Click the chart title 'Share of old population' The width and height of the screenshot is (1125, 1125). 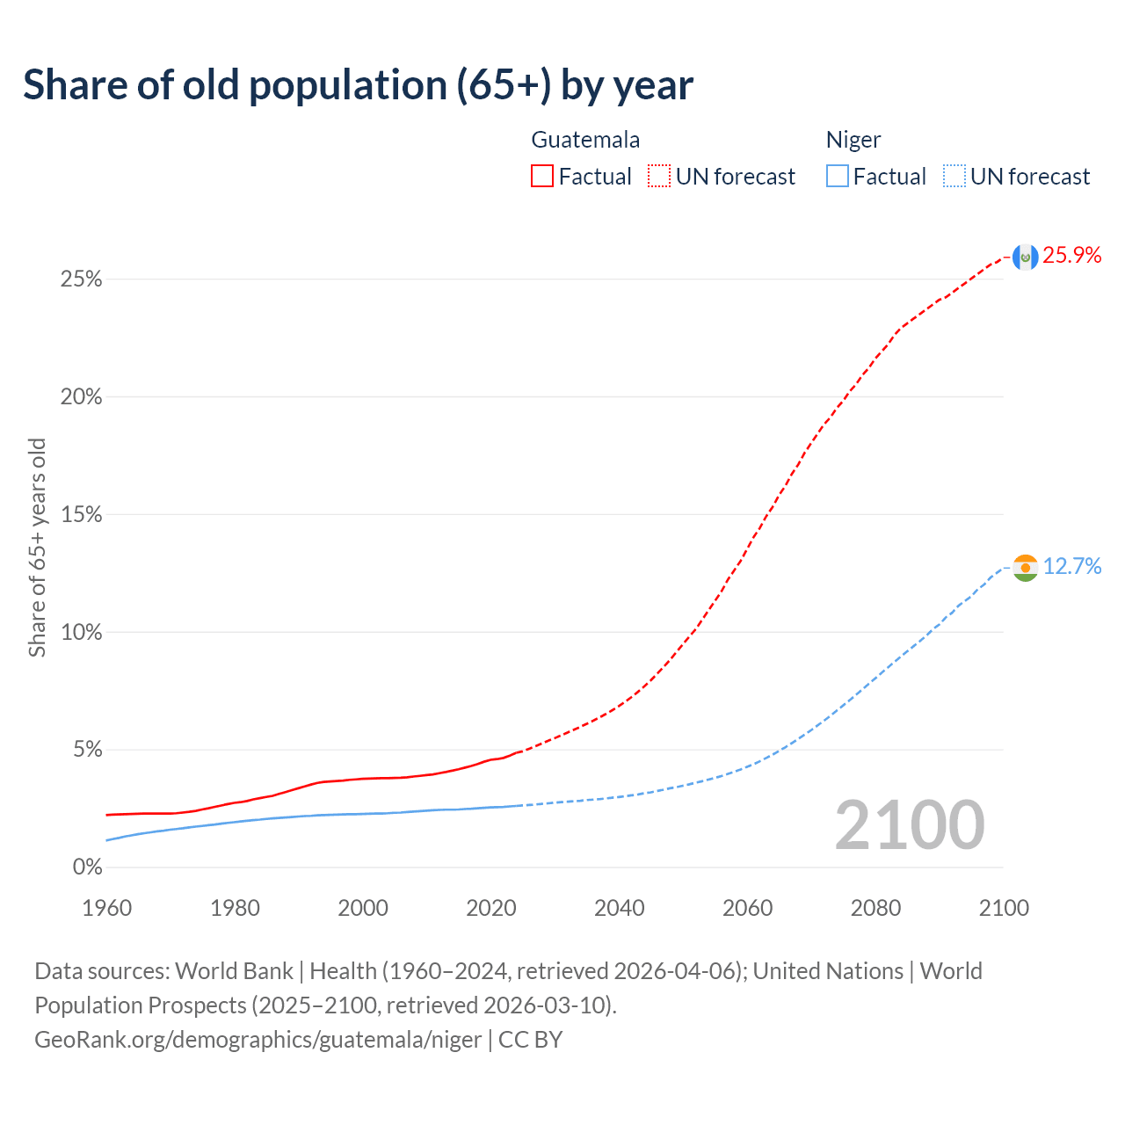pyautogui.click(x=358, y=85)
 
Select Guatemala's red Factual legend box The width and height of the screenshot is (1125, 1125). pyautogui.click(x=542, y=177)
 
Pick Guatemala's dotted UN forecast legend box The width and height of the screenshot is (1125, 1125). pyautogui.click(x=659, y=177)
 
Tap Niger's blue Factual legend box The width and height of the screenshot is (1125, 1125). pyautogui.click(x=838, y=177)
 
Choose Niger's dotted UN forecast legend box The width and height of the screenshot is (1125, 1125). pyautogui.click(x=954, y=177)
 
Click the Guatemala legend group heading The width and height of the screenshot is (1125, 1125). pyautogui.click(x=585, y=140)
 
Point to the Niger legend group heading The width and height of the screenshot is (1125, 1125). pyautogui.click(x=853, y=140)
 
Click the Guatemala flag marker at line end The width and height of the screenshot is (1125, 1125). pyautogui.click(x=1025, y=257)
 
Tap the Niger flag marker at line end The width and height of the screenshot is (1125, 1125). pyautogui.click(x=1025, y=567)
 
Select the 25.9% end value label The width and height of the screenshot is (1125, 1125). pyautogui.click(x=1072, y=256)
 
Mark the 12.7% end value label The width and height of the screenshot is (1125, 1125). pyautogui.click(x=1072, y=567)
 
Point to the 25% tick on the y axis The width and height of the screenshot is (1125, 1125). pyautogui.click(x=81, y=279)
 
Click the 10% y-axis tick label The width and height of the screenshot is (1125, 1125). pyautogui.click(x=81, y=633)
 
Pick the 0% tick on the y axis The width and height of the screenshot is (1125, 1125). pyautogui.click(x=87, y=867)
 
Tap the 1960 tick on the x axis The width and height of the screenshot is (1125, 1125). pyautogui.click(x=107, y=908)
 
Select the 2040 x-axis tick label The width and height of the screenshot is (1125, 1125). pyautogui.click(x=620, y=908)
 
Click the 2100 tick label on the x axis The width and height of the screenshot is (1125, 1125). pyautogui.click(x=1004, y=908)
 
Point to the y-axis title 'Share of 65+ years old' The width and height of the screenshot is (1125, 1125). pyautogui.click(x=37, y=547)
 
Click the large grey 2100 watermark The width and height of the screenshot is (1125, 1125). pyautogui.click(x=910, y=825)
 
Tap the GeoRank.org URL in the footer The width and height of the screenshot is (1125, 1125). pyautogui.click(x=258, y=1040)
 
